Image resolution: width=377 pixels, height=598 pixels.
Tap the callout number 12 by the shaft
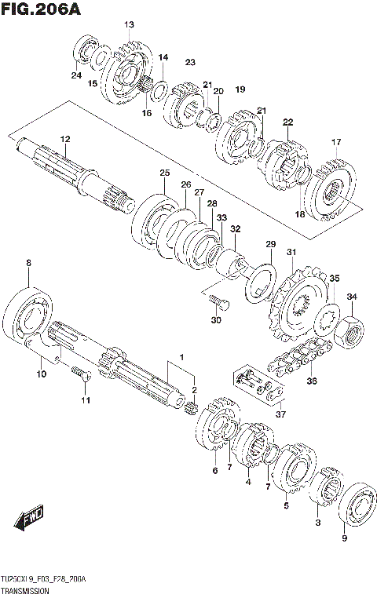coord(65,139)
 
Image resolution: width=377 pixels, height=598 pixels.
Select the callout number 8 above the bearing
coord(29,263)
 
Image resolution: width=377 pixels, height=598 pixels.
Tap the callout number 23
coord(189,62)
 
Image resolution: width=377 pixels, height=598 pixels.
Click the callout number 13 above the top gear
coord(129,25)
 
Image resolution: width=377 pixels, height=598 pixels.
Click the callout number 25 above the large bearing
coord(164,173)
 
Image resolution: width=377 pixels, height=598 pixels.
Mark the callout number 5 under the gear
coord(286,506)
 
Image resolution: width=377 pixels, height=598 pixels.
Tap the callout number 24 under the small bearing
coord(76,75)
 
